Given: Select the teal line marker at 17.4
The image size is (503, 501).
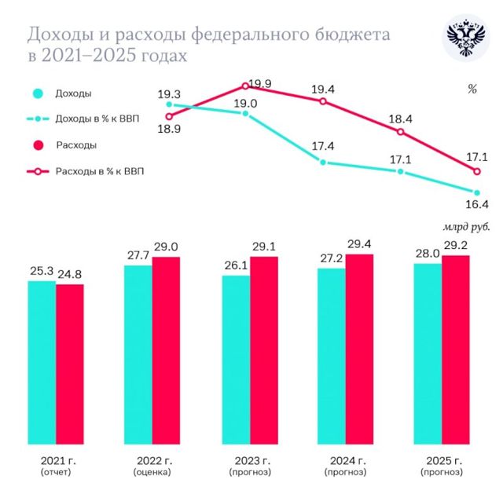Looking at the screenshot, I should click(x=322, y=163).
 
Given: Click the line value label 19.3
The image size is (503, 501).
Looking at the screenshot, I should click(x=170, y=93).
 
